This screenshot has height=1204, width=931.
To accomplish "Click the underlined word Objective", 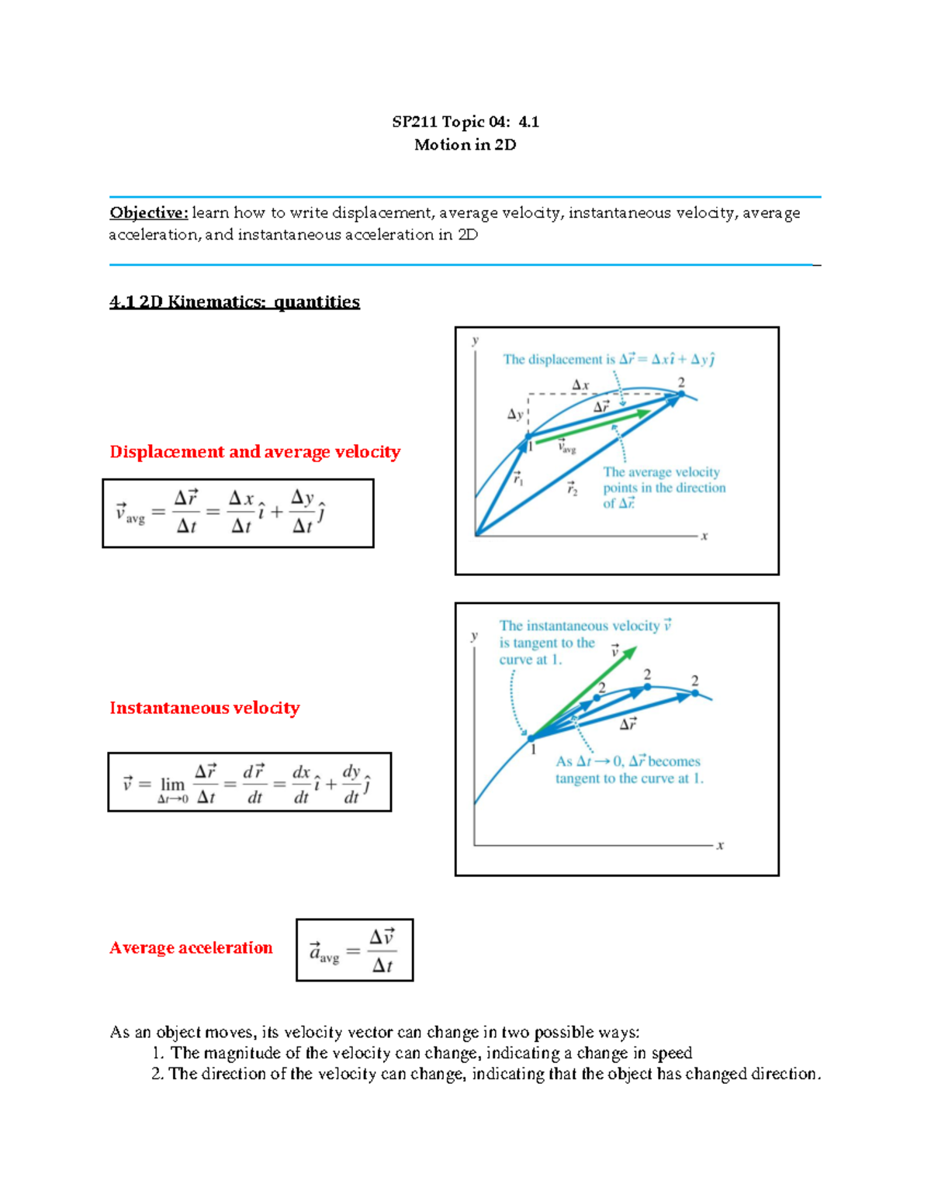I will [x=148, y=212].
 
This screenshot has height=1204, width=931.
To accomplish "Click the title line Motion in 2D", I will [x=465, y=145].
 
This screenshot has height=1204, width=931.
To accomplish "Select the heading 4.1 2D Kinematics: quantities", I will [x=234, y=302].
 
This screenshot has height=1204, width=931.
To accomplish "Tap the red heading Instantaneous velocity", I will [x=204, y=708].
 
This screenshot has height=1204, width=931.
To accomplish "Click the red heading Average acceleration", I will [x=191, y=947].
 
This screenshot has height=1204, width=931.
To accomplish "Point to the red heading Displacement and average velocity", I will [x=254, y=452].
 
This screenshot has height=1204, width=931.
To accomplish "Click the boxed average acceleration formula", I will [x=355, y=950].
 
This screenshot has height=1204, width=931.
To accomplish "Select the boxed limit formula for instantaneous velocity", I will [x=249, y=782].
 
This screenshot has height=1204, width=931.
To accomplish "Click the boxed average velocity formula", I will [x=237, y=513].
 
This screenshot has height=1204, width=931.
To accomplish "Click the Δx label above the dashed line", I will [x=580, y=385].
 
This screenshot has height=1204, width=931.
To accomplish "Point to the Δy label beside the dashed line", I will [x=515, y=415].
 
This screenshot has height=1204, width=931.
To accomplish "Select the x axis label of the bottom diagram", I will [x=720, y=846].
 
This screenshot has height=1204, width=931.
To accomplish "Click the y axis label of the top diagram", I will [x=475, y=340].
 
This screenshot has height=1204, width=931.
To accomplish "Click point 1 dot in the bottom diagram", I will [x=531, y=738].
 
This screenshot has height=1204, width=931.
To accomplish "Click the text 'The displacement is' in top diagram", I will [x=552, y=360].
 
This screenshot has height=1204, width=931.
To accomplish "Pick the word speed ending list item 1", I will [x=672, y=1053].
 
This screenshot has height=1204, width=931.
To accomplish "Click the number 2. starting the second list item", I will [x=157, y=1074].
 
